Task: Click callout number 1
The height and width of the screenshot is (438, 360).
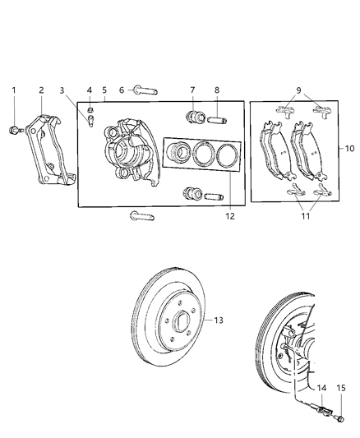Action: tap(13, 90)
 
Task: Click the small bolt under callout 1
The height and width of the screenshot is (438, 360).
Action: tap(14, 128)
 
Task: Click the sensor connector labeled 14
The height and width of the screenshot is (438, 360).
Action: tap(323, 403)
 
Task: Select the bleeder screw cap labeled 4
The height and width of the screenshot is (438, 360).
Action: tap(90, 110)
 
